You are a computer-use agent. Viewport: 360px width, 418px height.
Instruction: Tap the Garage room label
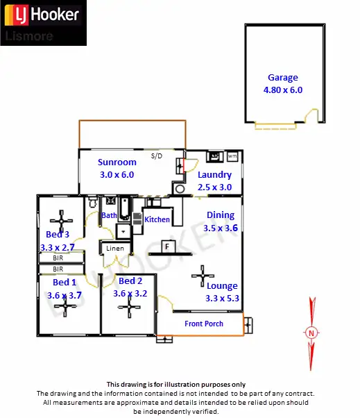pyautogui.click(x=282, y=78)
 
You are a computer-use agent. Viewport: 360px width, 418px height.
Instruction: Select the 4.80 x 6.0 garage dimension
pyautogui.click(x=282, y=90)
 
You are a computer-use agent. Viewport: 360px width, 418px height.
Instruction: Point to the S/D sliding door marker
pyautogui.click(x=156, y=156)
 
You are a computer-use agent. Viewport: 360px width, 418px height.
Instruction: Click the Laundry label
pyautogui.click(x=214, y=176)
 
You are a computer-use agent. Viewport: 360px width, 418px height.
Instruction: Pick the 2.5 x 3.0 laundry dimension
pyautogui.click(x=214, y=187)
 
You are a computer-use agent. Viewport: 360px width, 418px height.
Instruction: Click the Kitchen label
pyautogui.click(x=157, y=219)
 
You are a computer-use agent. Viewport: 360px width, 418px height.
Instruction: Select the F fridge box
pyautogui.click(x=167, y=246)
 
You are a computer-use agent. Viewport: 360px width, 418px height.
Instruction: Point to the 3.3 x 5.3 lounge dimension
pyautogui.click(x=222, y=299)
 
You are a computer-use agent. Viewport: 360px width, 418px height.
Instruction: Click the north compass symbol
pyautogui.click(x=311, y=332)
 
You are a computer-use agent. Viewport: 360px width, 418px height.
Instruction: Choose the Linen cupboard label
pyautogui.click(x=115, y=249)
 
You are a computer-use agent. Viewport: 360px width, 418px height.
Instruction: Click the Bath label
pyautogui.click(x=109, y=216)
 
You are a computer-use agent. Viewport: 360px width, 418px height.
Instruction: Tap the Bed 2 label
pyautogui.click(x=130, y=281)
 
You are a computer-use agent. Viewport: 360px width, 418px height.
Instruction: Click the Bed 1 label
pyautogui.click(x=65, y=283)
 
